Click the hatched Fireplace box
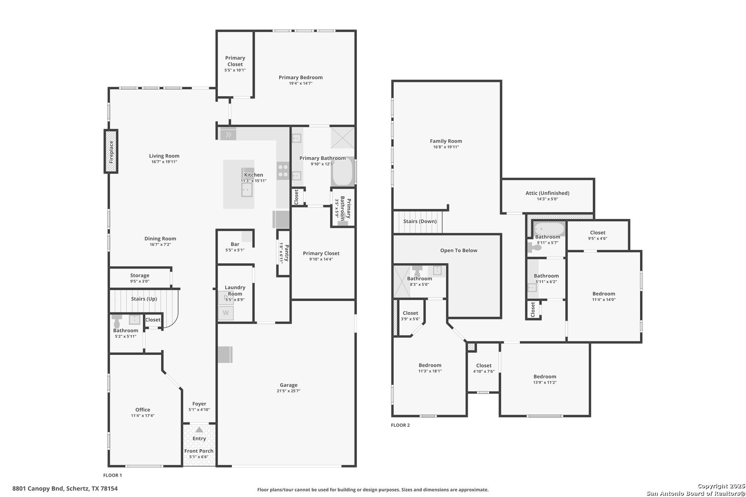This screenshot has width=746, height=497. coord(111,151)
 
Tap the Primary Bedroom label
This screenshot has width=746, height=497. coord(300,78)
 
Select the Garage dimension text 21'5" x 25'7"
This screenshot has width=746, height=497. coord(288,391)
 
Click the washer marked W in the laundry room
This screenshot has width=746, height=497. coord(226,313)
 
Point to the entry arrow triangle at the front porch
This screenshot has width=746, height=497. coord(199,429)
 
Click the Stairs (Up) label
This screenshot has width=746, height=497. coord(144,299)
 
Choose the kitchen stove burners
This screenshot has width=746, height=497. coord(283,171)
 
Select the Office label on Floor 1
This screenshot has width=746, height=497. coord(143,410)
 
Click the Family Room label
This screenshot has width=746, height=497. coord(446,141)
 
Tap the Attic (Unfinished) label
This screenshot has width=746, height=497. coord(548,193)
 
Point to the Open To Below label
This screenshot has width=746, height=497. coord(459,250)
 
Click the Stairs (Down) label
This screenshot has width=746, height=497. coord(420,221)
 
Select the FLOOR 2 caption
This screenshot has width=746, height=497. coord(400,425)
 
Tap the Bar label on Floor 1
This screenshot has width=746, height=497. coord(235,244)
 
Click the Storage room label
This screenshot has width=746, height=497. coord(140,276)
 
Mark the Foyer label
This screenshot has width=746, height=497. coord(199,404)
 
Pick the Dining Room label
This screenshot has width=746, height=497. coord(160,239)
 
